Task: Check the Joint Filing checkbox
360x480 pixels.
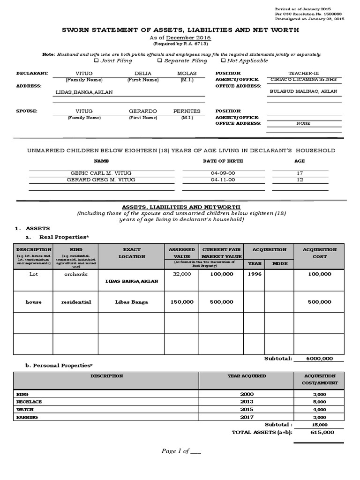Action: pyautogui.click(x=97, y=60)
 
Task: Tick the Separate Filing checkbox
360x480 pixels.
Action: pyautogui.click(x=160, y=60)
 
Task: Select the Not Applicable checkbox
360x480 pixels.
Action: pyautogui.click(x=223, y=60)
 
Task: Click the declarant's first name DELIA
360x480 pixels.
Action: pyautogui.click(x=143, y=74)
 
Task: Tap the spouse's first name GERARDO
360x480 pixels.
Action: pyautogui.click(x=143, y=111)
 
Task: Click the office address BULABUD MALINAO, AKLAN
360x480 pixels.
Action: pyautogui.click(x=303, y=92)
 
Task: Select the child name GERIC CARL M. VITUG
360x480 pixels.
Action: pyautogui.click(x=102, y=173)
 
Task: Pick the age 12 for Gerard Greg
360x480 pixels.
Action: pyautogui.click(x=300, y=180)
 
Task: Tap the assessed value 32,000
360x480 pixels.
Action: pyautogui.click(x=181, y=274)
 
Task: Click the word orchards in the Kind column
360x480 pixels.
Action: pyautogui.click(x=76, y=274)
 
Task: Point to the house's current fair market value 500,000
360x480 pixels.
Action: pyautogui.click(x=221, y=302)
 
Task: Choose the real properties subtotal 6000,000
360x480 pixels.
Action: pyautogui.click(x=319, y=358)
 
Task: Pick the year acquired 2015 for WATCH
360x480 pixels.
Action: pyautogui.click(x=247, y=409)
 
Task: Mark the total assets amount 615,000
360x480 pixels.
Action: pyautogui.click(x=322, y=432)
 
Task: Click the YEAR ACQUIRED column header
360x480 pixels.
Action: pyautogui.click(x=247, y=376)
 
